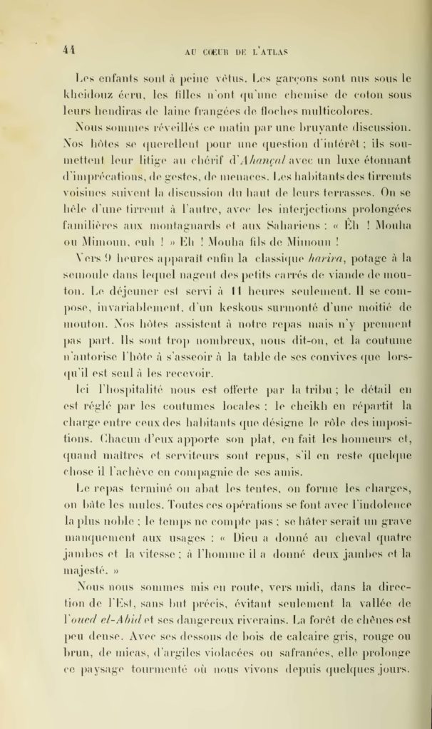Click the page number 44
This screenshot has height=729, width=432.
click(x=68, y=49)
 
